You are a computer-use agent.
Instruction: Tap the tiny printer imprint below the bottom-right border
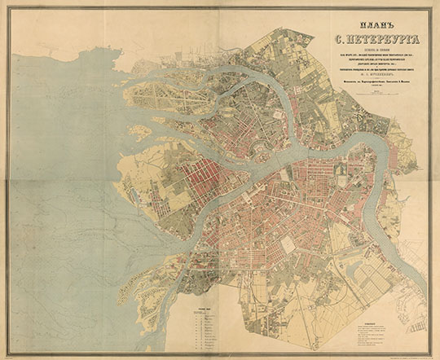pos(407,354)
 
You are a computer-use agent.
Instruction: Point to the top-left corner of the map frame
pos(8,8)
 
